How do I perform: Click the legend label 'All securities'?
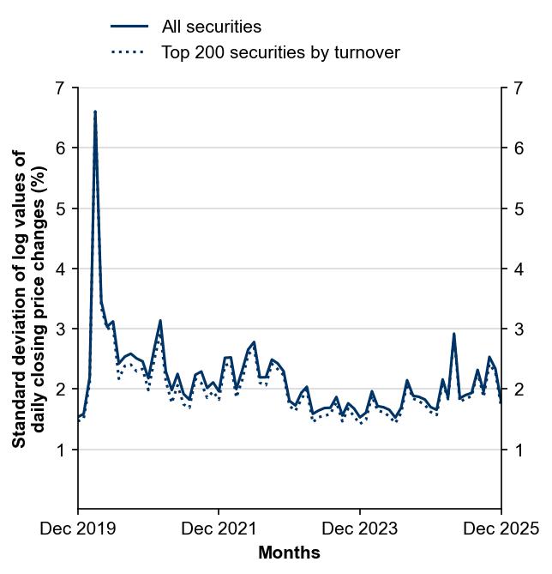[x=211, y=27]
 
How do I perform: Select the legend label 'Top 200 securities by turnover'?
[x=280, y=52]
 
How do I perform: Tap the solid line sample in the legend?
[x=129, y=27]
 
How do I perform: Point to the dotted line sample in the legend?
[x=129, y=52]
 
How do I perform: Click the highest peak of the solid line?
[x=95, y=112]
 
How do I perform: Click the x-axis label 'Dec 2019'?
[x=78, y=529]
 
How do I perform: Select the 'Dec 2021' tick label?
[x=219, y=529]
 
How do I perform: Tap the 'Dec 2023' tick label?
[x=360, y=529]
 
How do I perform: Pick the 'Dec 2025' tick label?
[x=501, y=529]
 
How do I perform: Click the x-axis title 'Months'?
[x=289, y=553]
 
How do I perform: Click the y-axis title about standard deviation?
[x=29, y=299]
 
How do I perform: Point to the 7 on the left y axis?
[x=59, y=88]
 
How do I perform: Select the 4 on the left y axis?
[x=59, y=269]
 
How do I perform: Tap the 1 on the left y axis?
[x=59, y=450]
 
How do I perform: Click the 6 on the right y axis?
[x=519, y=148]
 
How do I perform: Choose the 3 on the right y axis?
[x=519, y=329]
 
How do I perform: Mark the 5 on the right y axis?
[x=519, y=208]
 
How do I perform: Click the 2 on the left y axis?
[x=59, y=390]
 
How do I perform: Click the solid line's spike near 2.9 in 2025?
[x=453, y=334]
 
